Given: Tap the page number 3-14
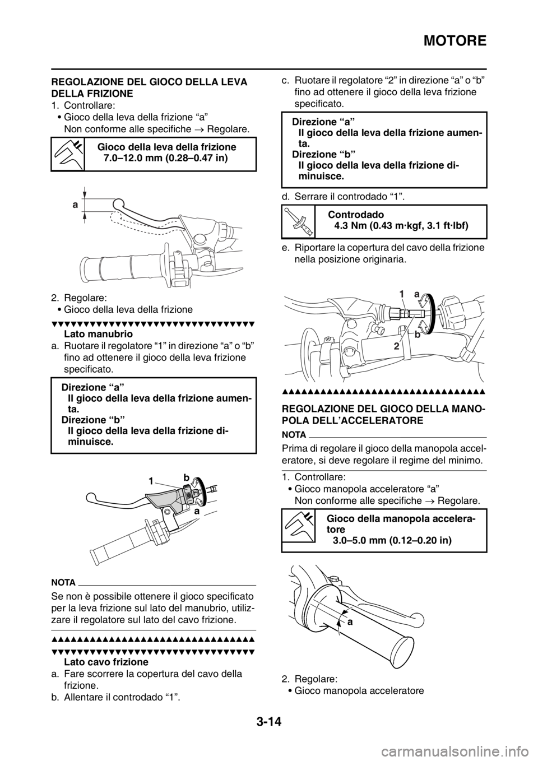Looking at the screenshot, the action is click(x=268, y=729).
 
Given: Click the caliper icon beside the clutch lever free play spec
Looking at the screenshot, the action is click(x=68, y=154).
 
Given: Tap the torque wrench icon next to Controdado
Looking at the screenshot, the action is click(x=298, y=221).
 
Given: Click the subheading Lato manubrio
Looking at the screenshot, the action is click(x=99, y=333).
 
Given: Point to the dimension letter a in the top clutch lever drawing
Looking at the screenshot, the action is click(x=75, y=205).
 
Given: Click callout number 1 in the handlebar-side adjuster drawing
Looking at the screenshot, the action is click(x=150, y=481).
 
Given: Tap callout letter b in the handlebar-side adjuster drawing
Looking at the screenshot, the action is click(x=186, y=477).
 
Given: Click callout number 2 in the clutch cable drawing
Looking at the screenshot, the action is click(x=396, y=346).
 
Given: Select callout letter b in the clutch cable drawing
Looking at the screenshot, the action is click(x=418, y=335).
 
